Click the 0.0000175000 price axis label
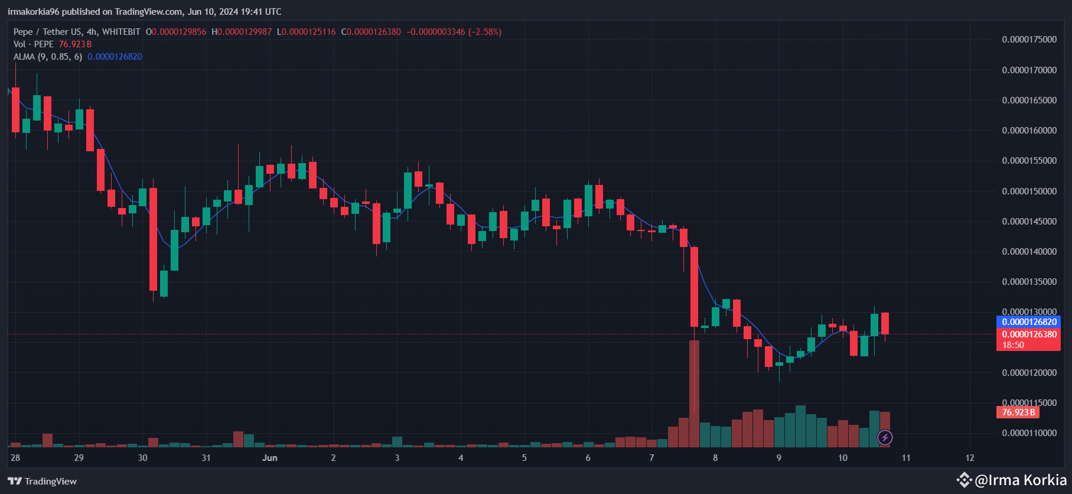coord(1029,40)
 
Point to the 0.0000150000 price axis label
coord(1029,191)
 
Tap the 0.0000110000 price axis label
coord(1029,433)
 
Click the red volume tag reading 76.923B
coord(1018,412)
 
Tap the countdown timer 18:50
coord(1013,345)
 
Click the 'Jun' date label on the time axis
coord(270,458)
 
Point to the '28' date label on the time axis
coord(15,458)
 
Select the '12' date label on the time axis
coord(970,458)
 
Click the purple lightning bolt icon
coord(885,438)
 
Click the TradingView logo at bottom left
coord(43,481)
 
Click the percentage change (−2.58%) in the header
coord(485,32)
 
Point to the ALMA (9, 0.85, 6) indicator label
coord(48,57)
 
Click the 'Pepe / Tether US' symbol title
coord(48,32)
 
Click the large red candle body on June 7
coord(694,287)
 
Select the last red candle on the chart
coord(885,323)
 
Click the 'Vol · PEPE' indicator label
coord(34,44)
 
